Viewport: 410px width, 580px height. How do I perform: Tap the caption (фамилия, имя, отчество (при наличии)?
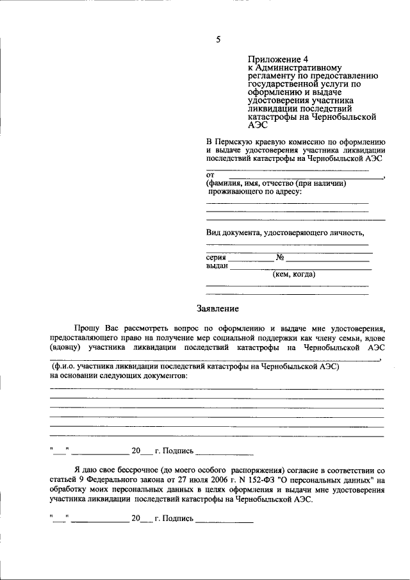[276, 183]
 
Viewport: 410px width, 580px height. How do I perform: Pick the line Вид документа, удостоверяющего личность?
[285, 232]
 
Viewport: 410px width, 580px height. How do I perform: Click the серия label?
[217, 257]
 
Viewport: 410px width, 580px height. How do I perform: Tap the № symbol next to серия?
[280, 258]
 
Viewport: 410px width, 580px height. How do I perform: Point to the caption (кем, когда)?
[294, 274]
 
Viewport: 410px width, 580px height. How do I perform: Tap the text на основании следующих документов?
[119, 376]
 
